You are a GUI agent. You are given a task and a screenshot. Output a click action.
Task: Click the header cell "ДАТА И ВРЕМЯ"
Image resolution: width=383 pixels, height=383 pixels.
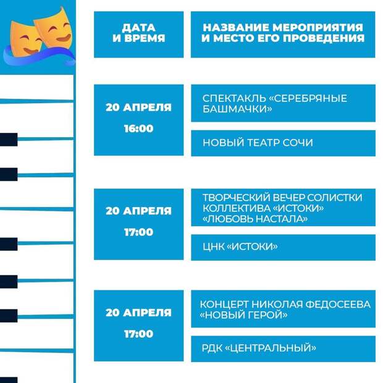[139, 35]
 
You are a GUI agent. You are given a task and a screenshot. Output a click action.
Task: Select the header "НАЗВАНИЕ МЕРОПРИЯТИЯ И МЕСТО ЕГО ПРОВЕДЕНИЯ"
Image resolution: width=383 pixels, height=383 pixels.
[283, 35]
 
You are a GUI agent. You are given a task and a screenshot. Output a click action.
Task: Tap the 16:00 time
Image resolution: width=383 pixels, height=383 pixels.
[139, 128]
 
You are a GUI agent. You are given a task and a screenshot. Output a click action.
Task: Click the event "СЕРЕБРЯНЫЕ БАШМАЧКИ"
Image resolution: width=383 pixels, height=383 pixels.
[275, 104]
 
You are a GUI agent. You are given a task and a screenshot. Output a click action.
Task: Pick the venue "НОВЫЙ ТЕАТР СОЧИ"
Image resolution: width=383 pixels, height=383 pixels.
[258, 143]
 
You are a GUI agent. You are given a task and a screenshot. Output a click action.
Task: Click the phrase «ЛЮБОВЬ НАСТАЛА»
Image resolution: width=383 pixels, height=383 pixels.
[255, 219]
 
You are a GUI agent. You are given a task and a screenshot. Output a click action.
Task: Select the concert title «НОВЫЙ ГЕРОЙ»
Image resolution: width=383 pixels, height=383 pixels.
[243, 315]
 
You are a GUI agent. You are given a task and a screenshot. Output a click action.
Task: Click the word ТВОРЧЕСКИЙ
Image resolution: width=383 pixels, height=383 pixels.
[236, 198]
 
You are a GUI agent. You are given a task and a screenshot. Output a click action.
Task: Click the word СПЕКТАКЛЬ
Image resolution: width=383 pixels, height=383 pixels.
[234, 98]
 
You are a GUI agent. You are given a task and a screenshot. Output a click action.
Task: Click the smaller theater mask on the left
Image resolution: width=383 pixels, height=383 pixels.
[25, 39]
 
